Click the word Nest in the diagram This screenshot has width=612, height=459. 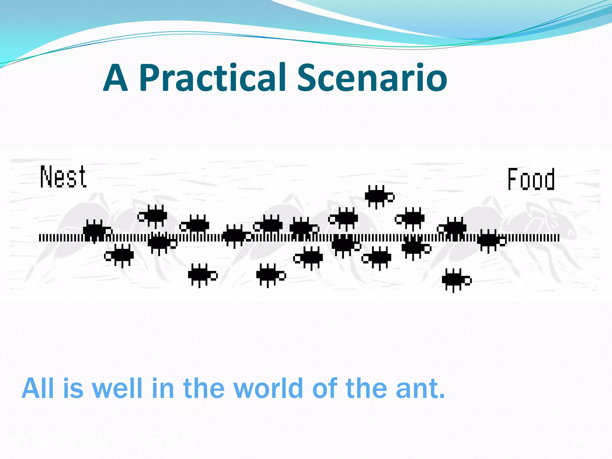click(63, 177)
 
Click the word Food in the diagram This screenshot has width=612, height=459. click(531, 179)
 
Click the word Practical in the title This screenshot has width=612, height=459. click(212, 78)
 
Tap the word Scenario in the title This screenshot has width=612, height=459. click(372, 78)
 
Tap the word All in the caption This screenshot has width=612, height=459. click(39, 388)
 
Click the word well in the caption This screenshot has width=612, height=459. click(117, 388)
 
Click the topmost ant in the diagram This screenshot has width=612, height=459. click(379, 197)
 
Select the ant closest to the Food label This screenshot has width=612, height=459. click(491, 241)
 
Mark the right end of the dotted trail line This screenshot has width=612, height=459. click(558, 238)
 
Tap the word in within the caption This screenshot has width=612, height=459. click(163, 388)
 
